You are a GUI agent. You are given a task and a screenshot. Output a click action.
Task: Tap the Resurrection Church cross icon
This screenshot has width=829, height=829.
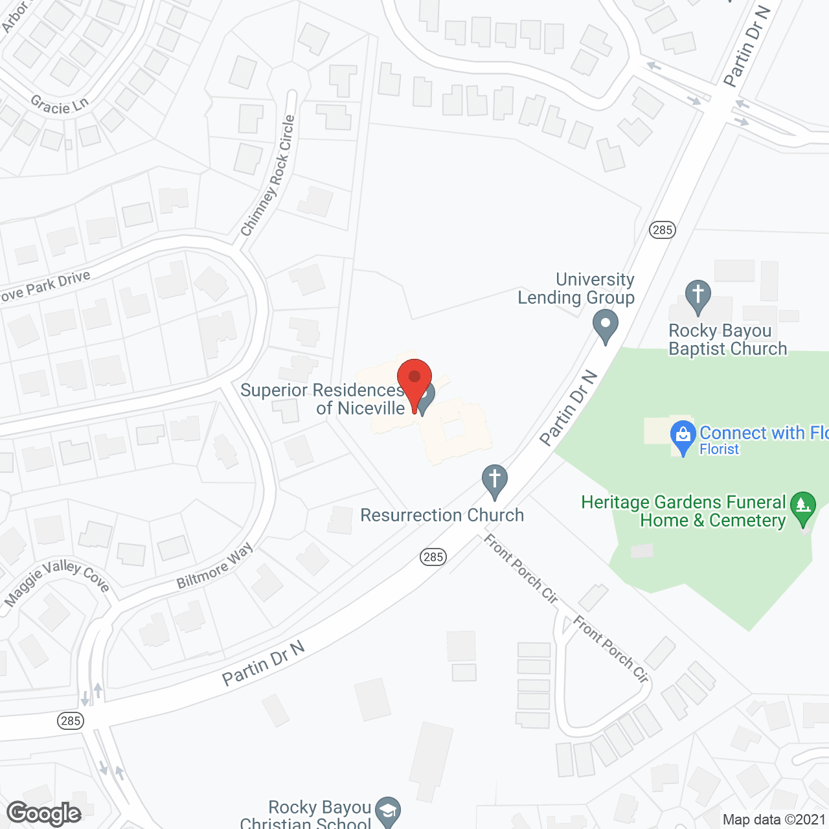(495, 481)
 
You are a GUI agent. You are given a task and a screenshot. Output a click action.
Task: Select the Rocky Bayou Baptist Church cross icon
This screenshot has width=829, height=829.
(698, 295)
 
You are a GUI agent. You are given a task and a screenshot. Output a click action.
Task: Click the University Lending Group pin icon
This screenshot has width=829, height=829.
(606, 325)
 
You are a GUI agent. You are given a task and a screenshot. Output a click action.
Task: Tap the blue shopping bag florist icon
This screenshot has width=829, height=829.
(683, 435)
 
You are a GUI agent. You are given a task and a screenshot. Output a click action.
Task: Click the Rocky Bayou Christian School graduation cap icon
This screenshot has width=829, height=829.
(388, 811)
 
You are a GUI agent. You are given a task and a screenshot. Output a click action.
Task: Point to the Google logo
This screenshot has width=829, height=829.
(44, 813)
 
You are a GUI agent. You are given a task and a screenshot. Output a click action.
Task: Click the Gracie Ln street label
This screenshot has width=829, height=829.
(60, 105)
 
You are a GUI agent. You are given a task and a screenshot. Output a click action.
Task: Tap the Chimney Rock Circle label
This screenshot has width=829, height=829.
(268, 176)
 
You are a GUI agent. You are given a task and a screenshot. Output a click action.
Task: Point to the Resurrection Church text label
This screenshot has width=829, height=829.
(442, 516)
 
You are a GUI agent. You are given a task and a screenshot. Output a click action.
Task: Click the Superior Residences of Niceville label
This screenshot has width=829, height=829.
(322, 399)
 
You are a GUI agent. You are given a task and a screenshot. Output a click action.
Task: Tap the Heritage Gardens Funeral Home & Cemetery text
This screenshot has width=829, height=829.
(683, 511)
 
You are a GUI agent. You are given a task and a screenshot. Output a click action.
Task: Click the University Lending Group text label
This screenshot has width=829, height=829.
(576, 289)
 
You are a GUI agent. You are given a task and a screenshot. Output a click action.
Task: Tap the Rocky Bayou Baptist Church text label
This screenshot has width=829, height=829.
(727, 340)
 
